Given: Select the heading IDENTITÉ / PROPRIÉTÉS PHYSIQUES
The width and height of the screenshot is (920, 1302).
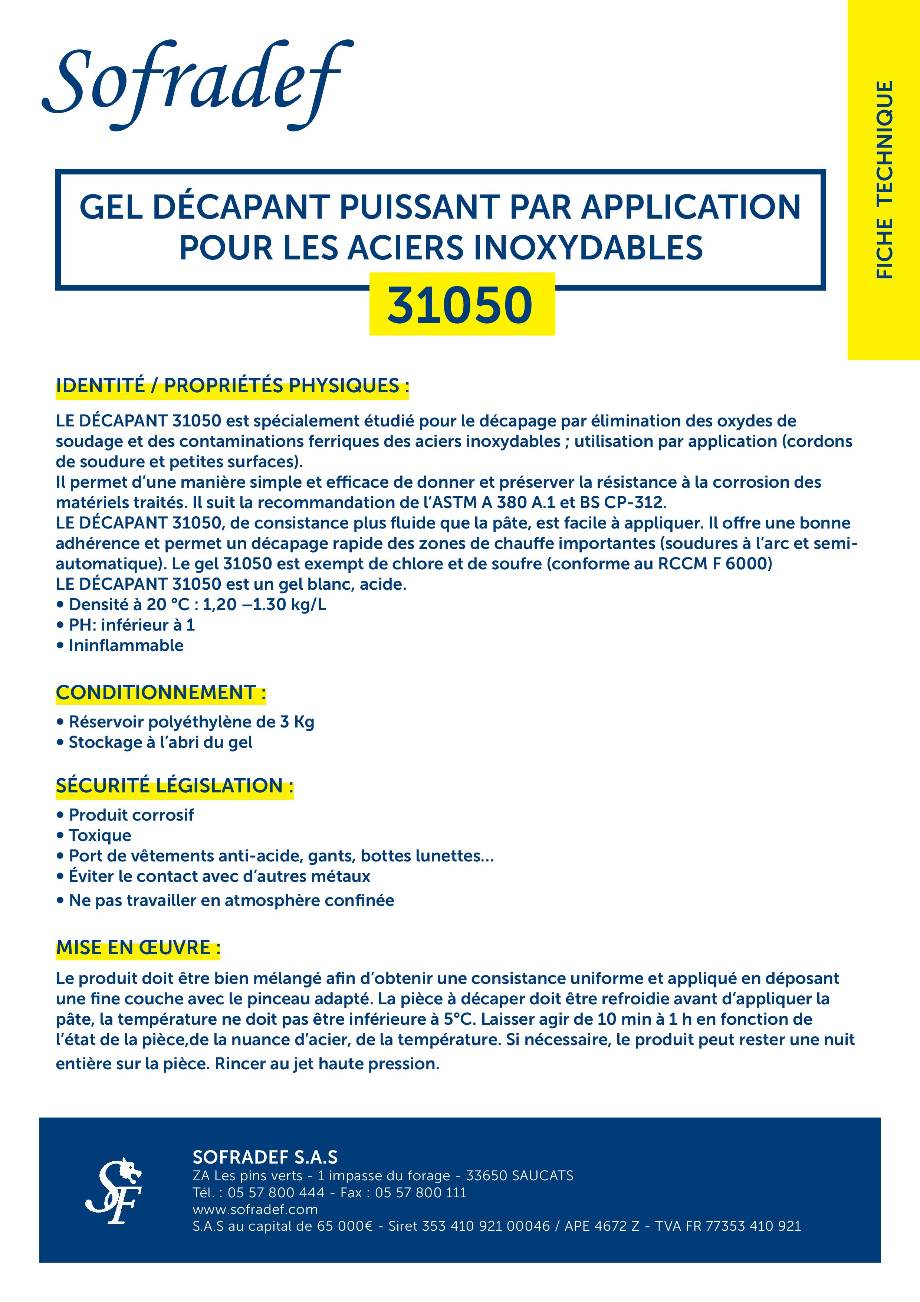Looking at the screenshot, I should click(x=232, y=386).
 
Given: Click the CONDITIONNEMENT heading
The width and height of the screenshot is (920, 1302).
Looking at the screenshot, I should click(x=160, y=693).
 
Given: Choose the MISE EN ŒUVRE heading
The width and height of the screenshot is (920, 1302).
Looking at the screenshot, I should click(x=138, y=948).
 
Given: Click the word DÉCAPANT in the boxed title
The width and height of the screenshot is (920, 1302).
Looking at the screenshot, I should click(x=242, y=207).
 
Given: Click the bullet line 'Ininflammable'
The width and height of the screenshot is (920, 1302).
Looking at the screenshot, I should click(x=126, y=645).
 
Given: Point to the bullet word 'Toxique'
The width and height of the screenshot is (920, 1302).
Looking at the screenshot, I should click(x=100, y=835).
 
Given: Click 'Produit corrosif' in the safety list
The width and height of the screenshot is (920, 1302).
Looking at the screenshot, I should click(x=131, y=815).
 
